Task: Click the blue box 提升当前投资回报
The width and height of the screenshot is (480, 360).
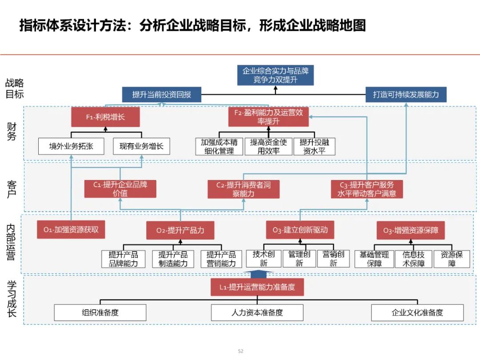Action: (x=161, y=95)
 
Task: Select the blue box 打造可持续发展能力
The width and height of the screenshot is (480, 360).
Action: (x=406, y=95)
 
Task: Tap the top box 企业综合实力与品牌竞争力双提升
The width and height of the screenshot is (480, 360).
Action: (x=275, y=75)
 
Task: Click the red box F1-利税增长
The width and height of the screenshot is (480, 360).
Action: (x=105, y=117)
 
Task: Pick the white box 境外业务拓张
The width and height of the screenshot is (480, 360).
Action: (x=71, y=146)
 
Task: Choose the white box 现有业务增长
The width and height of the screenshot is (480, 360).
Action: (x=141, y=146)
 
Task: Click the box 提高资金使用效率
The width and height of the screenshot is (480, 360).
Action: (x=268, y=146)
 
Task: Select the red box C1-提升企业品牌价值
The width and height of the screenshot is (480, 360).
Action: (x=120, y=189)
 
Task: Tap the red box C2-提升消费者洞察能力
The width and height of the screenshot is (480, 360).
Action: (x=243, y=189)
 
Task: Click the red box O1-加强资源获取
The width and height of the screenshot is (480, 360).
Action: (x=71, y=230)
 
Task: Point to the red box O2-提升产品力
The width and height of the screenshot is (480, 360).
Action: (x=180, y=230)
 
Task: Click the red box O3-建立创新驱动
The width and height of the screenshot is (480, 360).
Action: (x=300, y=230)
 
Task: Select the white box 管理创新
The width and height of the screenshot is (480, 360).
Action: (x=299, y=259)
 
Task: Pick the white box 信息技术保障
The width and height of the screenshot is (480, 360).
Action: (x=413, y=259)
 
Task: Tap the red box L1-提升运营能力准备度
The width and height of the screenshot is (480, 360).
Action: (x=257, y=287)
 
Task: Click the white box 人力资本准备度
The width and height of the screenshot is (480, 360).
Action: (x=257, y=312)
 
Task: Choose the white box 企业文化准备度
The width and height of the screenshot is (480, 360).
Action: (x=417, y=312)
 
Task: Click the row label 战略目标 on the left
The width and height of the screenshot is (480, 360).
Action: (x=14, y=88)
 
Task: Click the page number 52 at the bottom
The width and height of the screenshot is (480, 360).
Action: (x=240, y=351)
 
